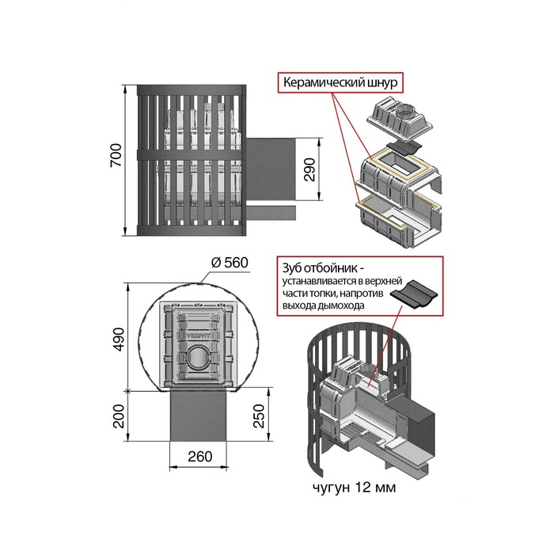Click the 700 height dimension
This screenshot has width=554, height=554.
click(116, 155)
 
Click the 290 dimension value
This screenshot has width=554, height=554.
click(309, 169)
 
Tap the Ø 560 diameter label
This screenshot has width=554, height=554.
click(230, 263)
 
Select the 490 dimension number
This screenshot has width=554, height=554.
click(119, 340)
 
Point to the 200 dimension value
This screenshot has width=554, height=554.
click(119, 416)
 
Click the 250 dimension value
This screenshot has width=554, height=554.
click(259, 416)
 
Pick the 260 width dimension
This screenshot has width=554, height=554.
click(200, 457)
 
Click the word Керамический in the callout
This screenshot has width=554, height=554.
click(324, 82)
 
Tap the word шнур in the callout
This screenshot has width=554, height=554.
click(382, 82)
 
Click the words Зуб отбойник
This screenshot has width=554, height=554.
click(320, 268)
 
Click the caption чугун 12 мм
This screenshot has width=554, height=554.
click(354, 488)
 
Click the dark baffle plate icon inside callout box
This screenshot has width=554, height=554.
click(414, 294)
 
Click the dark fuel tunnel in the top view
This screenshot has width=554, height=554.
click(198, 415)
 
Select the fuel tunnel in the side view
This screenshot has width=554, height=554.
click(271, 169)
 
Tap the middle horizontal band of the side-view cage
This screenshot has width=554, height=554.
click(192, 154)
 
